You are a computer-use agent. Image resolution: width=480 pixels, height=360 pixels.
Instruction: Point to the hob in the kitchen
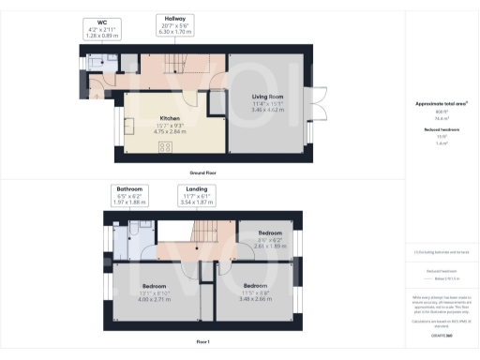[x=165, y=147]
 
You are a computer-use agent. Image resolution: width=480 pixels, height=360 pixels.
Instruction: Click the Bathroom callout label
[x=129, y=193]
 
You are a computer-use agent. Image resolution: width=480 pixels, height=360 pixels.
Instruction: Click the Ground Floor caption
[x=204, y=174]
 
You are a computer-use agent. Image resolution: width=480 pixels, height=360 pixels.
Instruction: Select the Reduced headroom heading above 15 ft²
[x=440, y=128]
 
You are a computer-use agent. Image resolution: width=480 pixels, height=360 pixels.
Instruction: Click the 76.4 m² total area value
[x=440, y=117]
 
